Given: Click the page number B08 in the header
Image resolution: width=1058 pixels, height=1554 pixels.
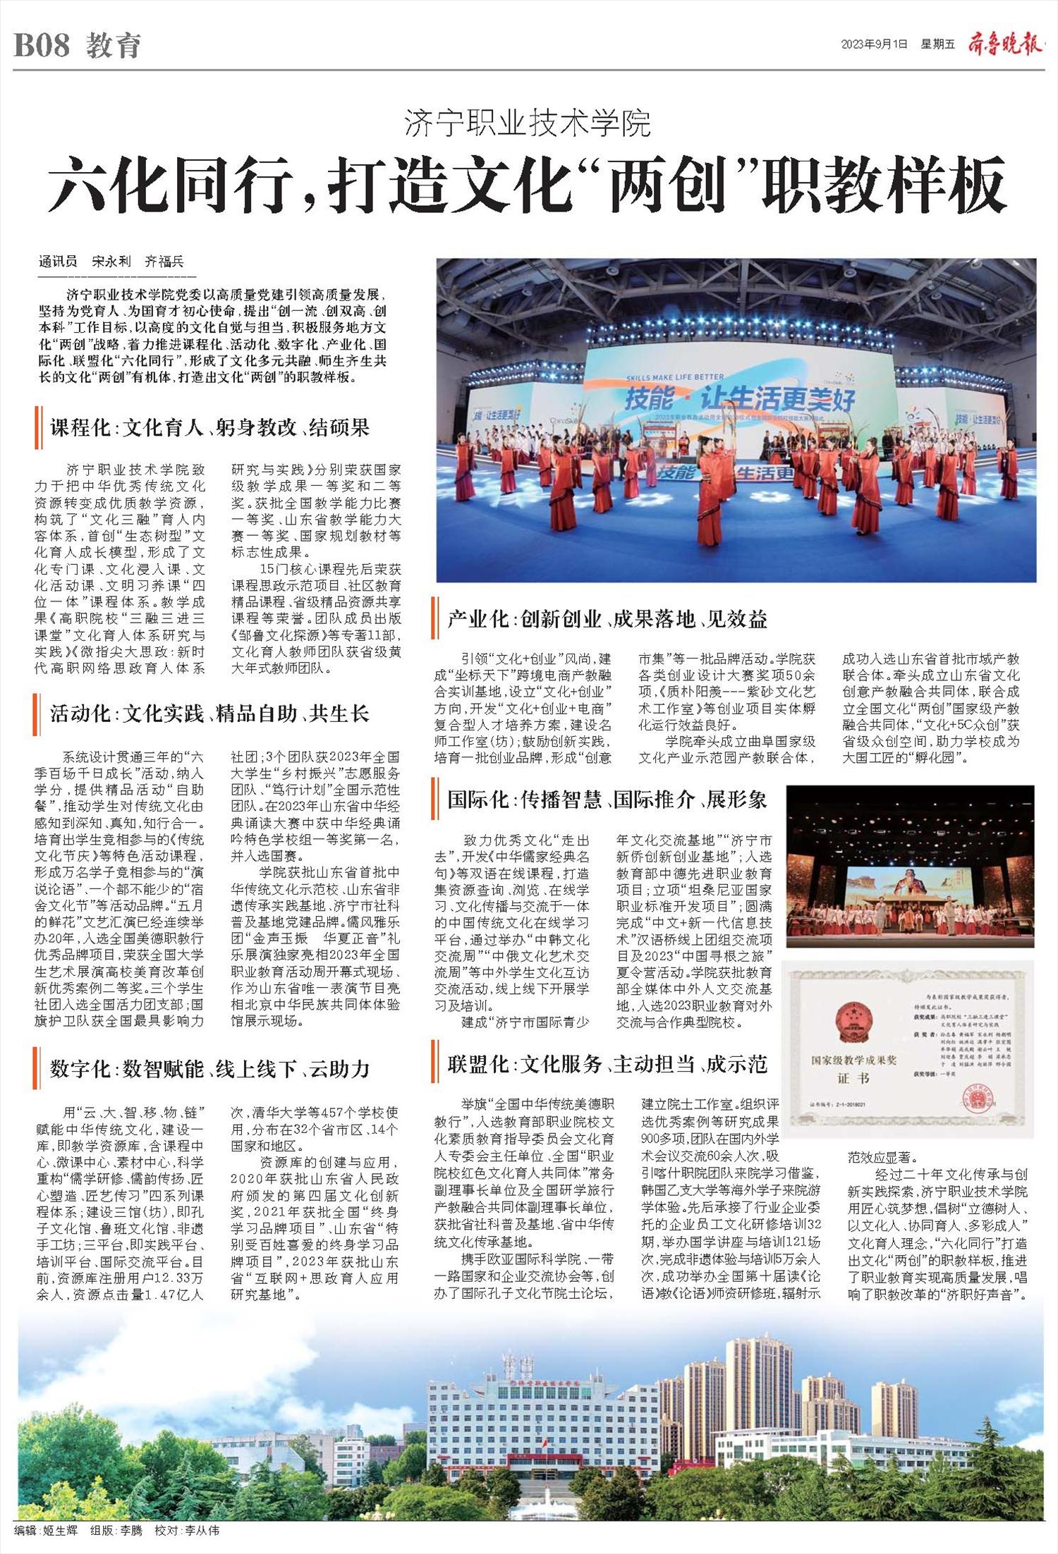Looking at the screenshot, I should tap(42, 46).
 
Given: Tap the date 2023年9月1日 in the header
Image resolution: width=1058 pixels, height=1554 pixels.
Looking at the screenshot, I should tap(875, 44).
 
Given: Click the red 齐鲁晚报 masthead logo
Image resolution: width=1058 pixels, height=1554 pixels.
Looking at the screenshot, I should tap(1004, 44).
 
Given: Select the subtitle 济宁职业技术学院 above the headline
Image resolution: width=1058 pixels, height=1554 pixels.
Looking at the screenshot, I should tap(528, 125).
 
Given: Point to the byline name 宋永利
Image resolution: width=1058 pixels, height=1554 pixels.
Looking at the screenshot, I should tap(111, 262).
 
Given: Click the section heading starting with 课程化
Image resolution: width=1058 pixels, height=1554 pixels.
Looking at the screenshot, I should tap(209, 427).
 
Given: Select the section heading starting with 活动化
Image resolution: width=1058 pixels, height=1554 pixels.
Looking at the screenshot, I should tap(209, 714).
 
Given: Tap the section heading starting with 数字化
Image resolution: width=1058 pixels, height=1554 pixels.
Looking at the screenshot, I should tap(209, 1069).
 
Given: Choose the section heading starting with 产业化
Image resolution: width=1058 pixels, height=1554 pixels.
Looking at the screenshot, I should tap(607, 619).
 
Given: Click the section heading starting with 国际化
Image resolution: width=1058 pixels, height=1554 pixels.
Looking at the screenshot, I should tap(607, 800).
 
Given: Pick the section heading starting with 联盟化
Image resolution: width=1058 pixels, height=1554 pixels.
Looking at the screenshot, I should tap(607, 1064).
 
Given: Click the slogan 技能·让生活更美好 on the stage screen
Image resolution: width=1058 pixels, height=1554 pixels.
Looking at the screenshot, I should tap(739, 400).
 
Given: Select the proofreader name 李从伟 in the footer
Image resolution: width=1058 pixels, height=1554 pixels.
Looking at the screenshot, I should tap(202, 1531).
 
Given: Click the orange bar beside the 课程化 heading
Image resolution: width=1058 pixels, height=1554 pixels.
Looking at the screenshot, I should tap(37, 427).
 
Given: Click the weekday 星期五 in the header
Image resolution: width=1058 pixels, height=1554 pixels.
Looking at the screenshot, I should tap(937, 44).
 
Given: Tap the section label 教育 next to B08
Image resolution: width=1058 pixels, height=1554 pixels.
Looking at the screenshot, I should tap(114, 47).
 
